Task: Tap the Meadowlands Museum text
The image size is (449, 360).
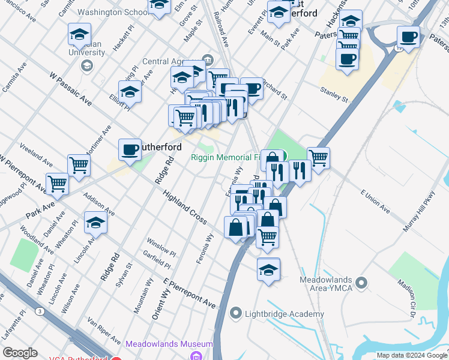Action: pyautogui.click(x=169, y=344)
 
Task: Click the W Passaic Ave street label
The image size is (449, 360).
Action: pyautogui.click(x=70, y=91)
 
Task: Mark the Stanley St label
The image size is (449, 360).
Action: pyautogui.click(x=334, y=95)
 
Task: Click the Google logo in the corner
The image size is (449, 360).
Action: pyautogui.click(x=20, y=353)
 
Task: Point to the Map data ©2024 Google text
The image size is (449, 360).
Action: pyautogui.click(x=411, y=355)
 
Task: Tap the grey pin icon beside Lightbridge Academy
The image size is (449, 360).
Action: pyautogui.click(x=236, y=313)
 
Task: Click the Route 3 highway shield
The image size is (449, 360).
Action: pyautogui.click(x=39, y=311)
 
